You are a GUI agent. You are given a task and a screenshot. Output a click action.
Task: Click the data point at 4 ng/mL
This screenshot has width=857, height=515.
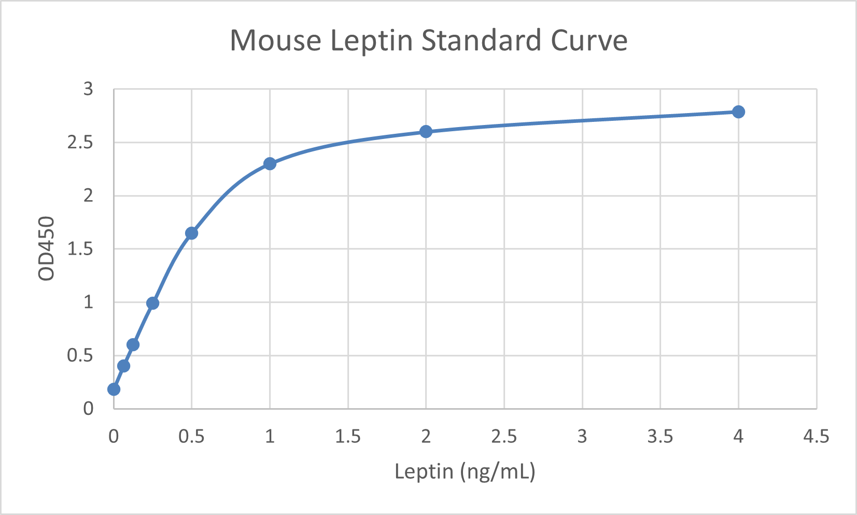pos(738,112)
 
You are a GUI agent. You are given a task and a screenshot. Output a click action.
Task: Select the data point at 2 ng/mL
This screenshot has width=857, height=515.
pos(426,131)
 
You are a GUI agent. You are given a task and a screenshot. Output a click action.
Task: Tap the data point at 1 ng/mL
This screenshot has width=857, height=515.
pos(270,164)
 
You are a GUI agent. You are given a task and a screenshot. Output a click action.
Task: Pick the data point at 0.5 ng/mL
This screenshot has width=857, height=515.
pos(191,233)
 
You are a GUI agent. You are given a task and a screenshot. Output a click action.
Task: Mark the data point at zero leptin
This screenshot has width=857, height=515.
pos(114,389)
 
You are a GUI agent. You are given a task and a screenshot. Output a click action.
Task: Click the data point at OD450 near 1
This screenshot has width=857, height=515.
pos(152,303)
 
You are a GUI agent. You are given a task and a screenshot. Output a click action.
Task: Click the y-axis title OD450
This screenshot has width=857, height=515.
pos(47,248)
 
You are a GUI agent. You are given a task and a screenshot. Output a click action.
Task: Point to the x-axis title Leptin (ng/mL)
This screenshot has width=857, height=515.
pos(465,471)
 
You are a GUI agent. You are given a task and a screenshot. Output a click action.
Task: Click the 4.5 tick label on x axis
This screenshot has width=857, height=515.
pos(816,437)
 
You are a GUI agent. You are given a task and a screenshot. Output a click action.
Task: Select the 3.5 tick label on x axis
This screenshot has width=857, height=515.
pos(660,437)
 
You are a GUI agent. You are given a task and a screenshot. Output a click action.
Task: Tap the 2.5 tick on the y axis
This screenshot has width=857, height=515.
pos(80,142)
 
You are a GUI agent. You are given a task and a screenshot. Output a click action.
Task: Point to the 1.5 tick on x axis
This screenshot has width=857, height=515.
pos(347,437)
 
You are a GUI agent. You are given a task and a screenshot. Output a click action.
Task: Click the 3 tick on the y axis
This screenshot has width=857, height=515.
pos(88,89)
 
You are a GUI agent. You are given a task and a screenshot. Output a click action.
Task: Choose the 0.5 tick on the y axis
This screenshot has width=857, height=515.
pos(80,355)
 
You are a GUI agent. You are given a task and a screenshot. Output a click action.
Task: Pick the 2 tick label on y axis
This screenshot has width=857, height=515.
pos(88,196)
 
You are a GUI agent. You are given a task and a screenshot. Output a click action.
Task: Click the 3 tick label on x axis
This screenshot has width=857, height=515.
pos(582,437)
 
